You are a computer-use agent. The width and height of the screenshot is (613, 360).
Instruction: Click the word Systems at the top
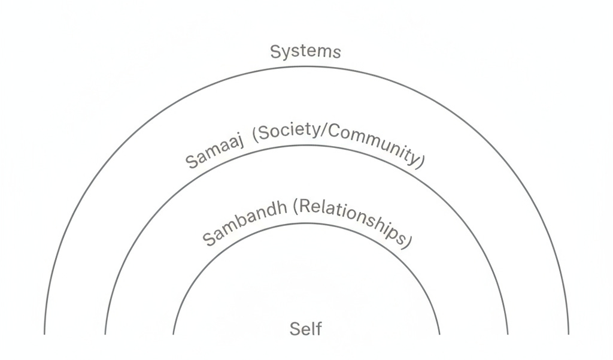(305, 52)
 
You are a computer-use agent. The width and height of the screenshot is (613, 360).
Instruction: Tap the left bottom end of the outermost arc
(45, 334)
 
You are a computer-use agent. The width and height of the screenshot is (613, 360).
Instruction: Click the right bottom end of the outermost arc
(568, 334)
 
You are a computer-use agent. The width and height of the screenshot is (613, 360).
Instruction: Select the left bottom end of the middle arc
(105, 334)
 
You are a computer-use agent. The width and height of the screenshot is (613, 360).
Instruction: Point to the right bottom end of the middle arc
(508, 334)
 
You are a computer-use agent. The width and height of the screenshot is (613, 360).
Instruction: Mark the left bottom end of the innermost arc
(174, 334)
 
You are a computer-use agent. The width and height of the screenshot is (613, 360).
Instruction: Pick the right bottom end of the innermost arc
(439, 334)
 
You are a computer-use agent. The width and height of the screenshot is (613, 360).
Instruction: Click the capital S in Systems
(276, 52)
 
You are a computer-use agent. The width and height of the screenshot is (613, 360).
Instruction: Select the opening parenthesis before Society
(256, 136)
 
